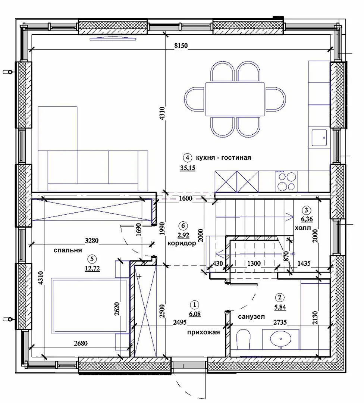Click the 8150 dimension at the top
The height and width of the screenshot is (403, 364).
click(181, 46)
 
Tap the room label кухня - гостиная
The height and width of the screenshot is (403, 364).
click(223, 157)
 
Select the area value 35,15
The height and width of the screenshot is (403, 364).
click(188, 168)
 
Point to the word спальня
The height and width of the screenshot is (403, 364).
click(68, 250)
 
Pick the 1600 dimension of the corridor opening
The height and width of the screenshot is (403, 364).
click(185, 199)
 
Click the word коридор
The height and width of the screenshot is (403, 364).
click(182, 243)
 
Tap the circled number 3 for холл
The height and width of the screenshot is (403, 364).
click(306, 210)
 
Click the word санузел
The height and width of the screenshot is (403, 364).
click(251, 317)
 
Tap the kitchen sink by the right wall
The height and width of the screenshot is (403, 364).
click(319, 138)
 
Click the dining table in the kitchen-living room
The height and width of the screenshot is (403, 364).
click(235, 99)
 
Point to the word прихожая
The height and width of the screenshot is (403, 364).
click(204, 332)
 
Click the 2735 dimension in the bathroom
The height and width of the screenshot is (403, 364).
click(280, 322)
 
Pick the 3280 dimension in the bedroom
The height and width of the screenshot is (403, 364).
click(92, 241)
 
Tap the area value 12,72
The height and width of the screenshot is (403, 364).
click(92, 268)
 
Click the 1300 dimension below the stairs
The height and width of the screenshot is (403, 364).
click(254, 263)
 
